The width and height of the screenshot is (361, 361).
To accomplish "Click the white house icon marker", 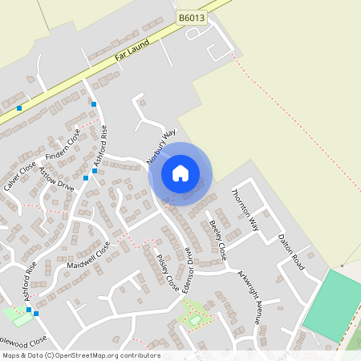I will pyautogui.click(x=180, y=173).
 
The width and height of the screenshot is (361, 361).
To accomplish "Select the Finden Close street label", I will pyautogui.click(x=64, y=143).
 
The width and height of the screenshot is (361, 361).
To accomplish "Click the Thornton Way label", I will pyautogui.click(x=245, y=208).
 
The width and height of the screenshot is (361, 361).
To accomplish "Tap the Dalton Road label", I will pyautogui.click(x=291, y=251).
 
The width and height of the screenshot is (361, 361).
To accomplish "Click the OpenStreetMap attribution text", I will pyautogui.click(x=80, y=355).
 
